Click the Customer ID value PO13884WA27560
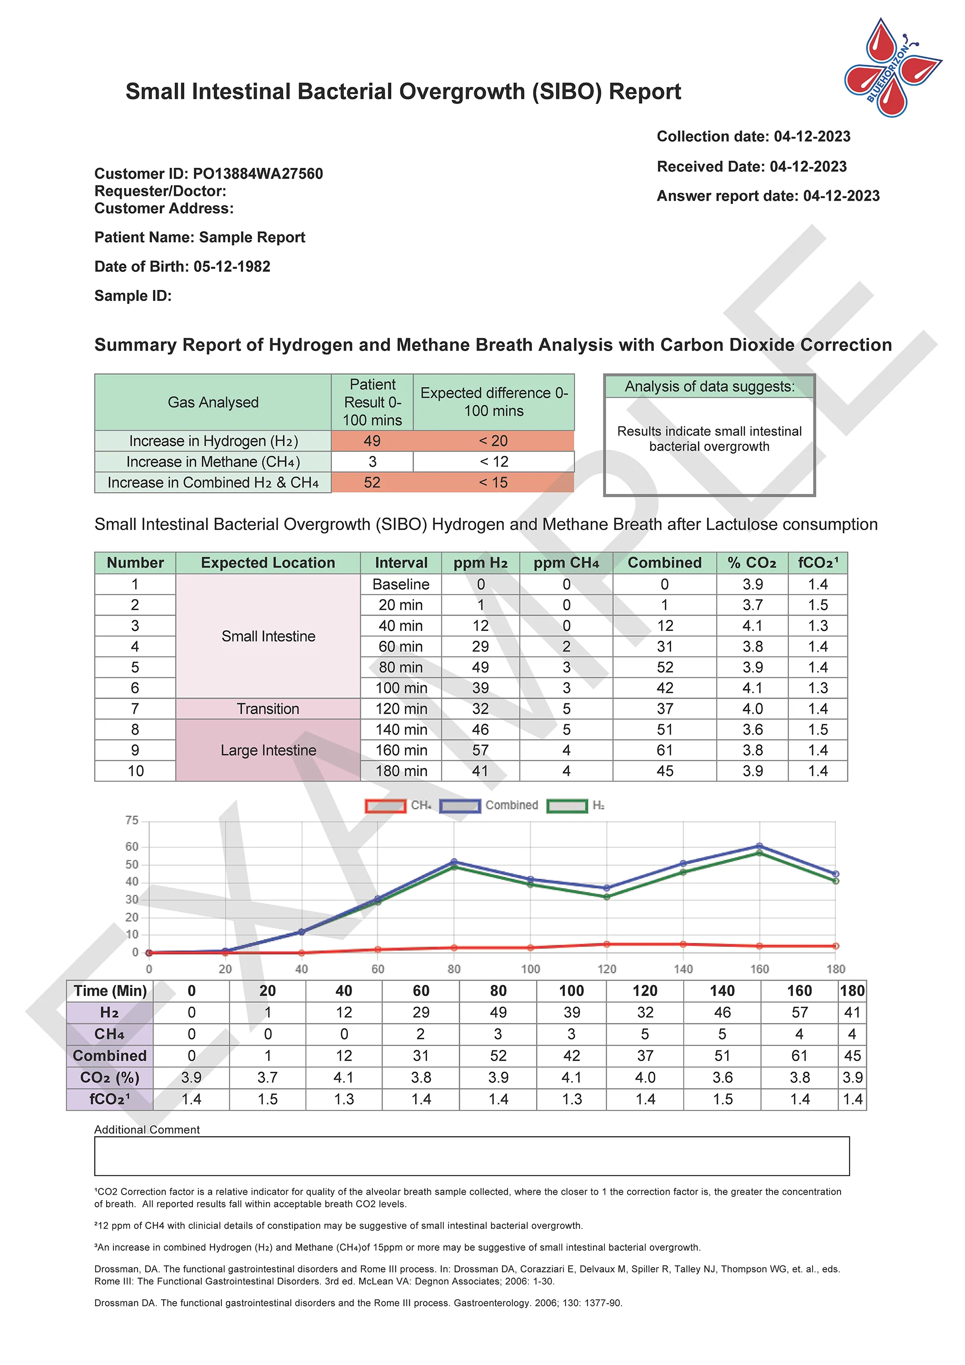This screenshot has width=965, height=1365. [258, 174]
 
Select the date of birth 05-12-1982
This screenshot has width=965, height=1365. [232, 266]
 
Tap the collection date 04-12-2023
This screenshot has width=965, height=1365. [812, 136]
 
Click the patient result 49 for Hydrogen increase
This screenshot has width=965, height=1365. [372, 441]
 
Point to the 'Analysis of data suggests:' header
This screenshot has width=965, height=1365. [709, 387]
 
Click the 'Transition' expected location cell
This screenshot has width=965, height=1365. [268, 709]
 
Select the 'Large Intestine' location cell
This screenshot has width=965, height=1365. [268, 751]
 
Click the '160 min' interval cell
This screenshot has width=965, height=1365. [401, 751]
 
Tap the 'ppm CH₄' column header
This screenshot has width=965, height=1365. [565, 563]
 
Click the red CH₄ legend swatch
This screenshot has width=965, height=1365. [386, 806]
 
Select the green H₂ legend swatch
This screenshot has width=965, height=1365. [566, 806]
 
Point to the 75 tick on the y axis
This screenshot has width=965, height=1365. [131, 820]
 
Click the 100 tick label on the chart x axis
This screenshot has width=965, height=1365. [530, 969]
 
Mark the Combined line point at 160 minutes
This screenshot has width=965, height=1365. [759, 846]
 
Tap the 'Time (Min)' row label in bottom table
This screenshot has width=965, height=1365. [110, 991]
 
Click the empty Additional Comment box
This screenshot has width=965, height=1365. [471, 1156]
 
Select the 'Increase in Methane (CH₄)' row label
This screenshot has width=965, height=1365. [213, 462]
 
